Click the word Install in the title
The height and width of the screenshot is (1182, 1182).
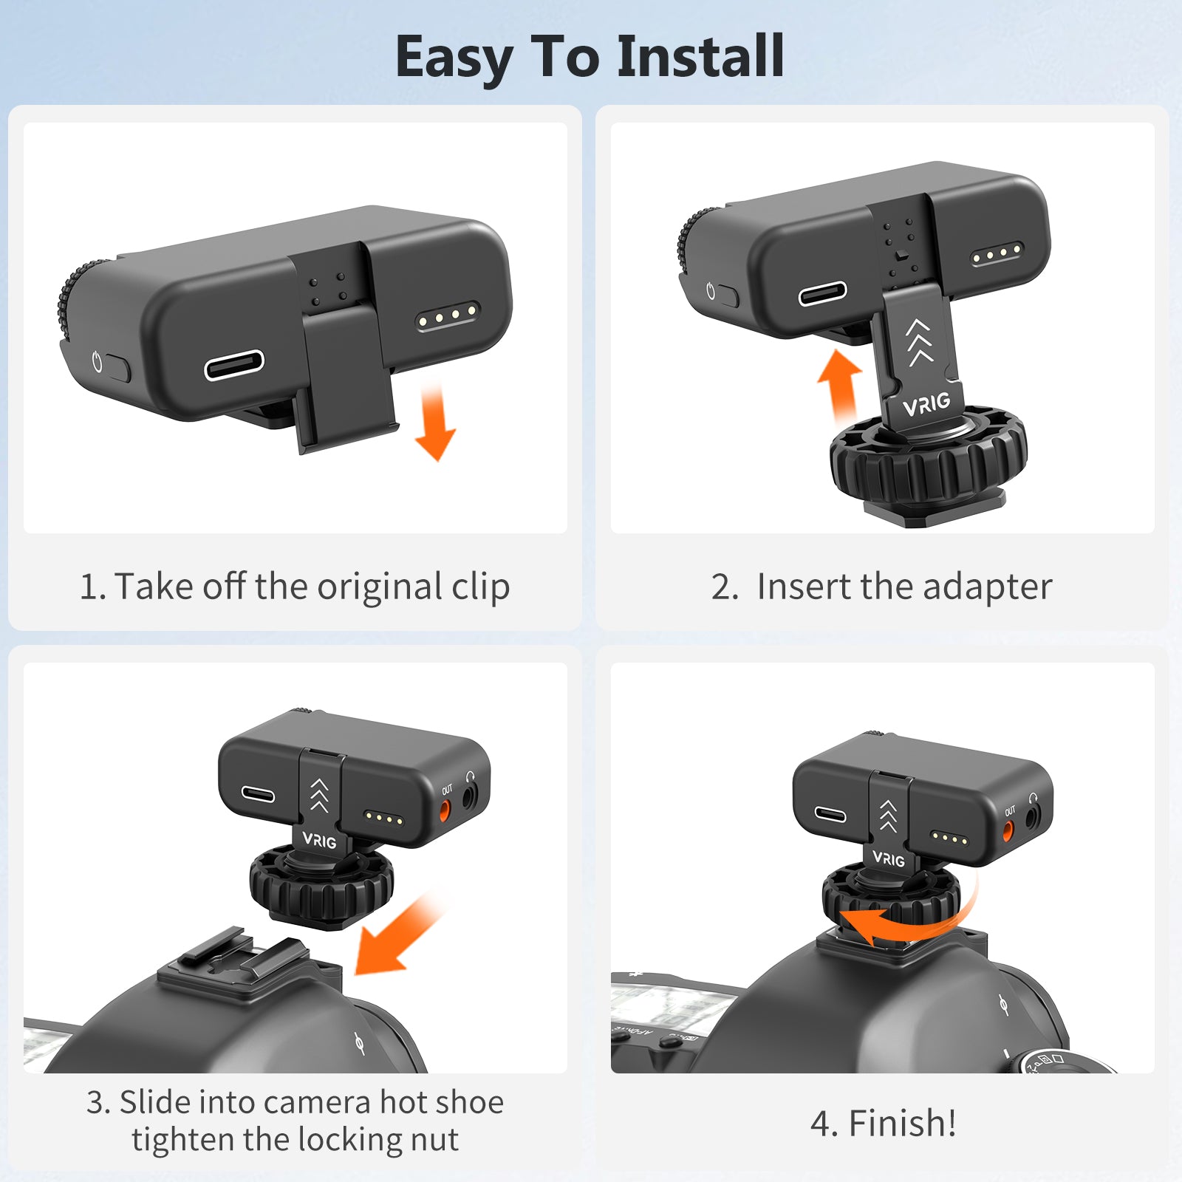[700, 56]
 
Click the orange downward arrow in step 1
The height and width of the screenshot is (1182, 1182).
[435, 421]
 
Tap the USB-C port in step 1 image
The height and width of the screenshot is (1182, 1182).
[234, 365]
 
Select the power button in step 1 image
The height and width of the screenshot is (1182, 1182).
[117, 368]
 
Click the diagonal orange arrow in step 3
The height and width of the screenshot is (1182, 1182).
[399, 933]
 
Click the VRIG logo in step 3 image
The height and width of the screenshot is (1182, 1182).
[319, 840]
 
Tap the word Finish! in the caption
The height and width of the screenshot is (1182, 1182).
[902, 1124]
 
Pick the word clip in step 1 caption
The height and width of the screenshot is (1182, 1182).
[481, 588]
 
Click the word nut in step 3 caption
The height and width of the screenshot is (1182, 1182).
[434, 1140]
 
